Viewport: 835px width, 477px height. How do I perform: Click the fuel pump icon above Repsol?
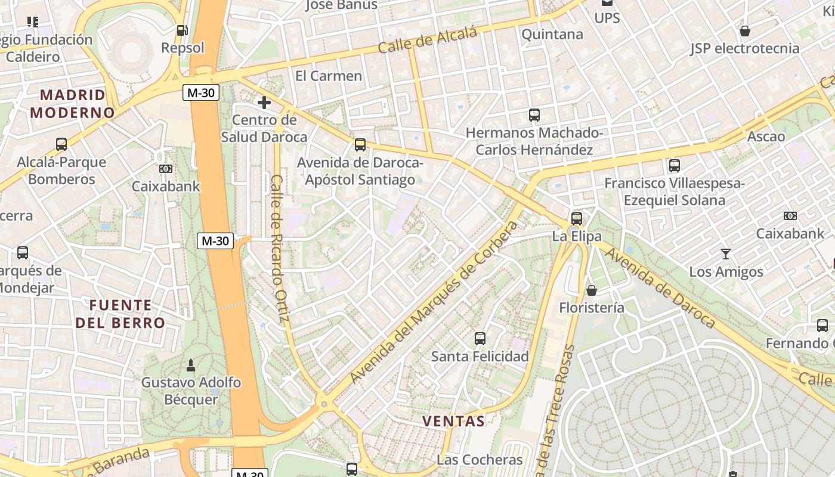[182, 30]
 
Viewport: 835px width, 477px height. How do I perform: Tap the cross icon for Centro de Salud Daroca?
[264, 103]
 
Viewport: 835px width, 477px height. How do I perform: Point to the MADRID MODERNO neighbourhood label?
[72, 104]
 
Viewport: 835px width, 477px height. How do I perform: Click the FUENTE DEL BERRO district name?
[120, 314]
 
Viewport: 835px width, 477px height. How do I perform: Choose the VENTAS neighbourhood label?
[453, 421]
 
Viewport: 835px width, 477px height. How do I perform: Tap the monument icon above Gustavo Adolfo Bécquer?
[191, 364]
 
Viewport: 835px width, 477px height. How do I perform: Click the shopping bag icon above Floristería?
[592, 290]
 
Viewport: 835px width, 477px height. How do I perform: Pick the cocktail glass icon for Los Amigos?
[725, 254]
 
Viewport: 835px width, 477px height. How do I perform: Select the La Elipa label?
[577, 236]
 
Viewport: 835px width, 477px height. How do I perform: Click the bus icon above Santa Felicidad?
[480, 339]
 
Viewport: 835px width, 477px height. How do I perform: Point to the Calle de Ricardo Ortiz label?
[279, 248]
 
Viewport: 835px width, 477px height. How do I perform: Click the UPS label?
[607, 18]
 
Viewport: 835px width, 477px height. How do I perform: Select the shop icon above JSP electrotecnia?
[744, 31]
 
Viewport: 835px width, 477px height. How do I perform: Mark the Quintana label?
[552, 35]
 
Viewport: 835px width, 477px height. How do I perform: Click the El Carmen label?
[329, 76]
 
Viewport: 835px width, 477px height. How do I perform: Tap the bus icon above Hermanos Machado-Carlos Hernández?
[534, 115]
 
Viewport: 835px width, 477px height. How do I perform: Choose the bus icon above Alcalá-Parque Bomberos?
[61, 144]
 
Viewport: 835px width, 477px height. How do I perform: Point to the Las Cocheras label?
[480, 460]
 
